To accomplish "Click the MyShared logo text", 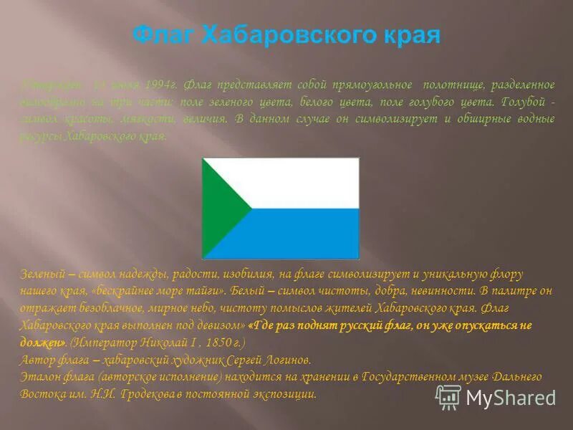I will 511,398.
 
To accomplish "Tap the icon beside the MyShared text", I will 448,397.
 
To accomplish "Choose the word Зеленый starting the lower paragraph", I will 42,274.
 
